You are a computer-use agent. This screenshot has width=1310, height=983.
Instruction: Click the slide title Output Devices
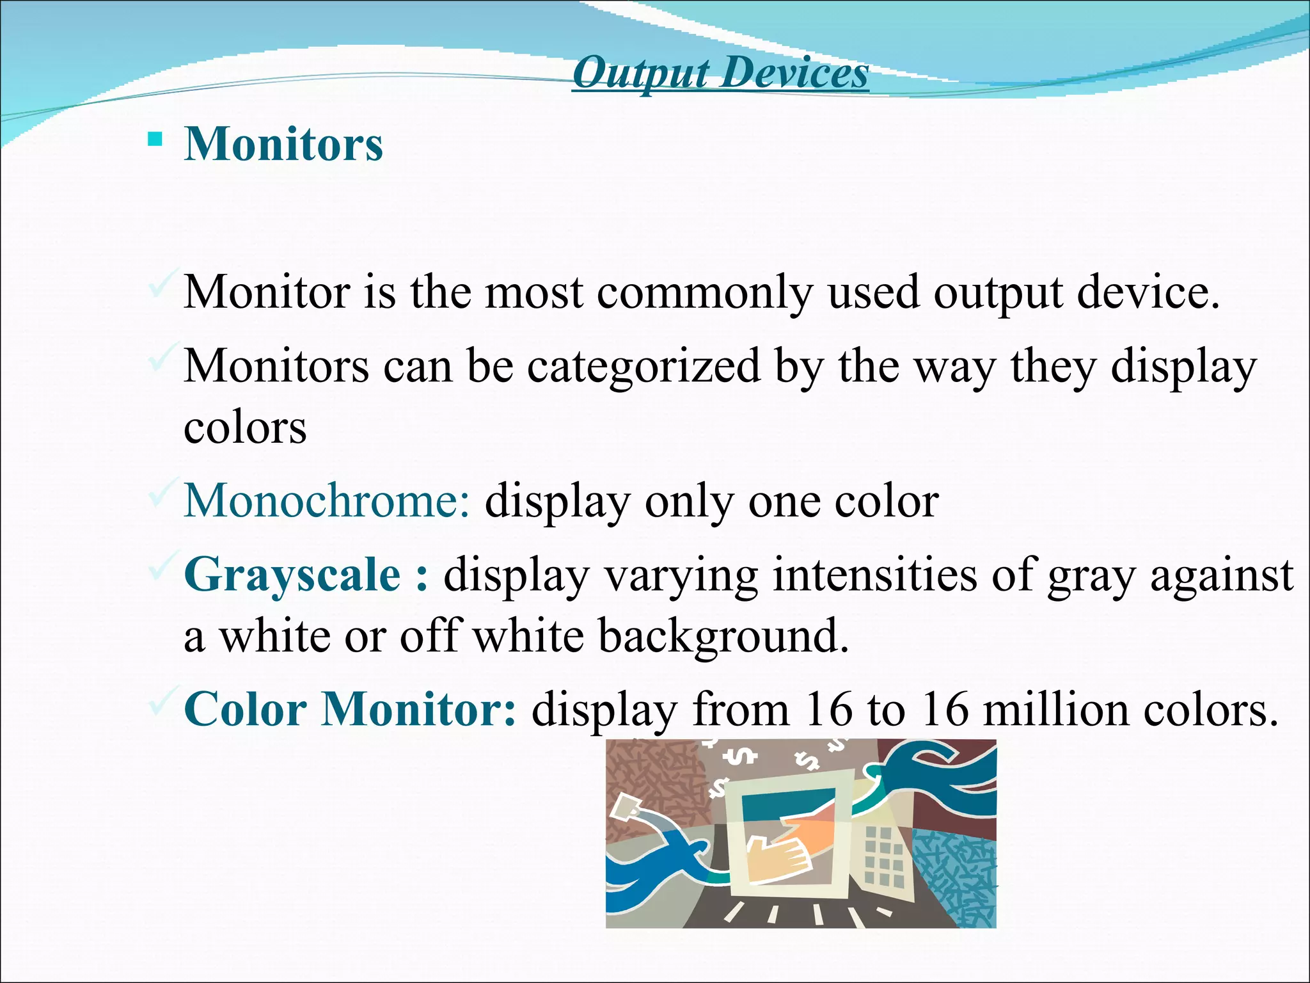pyautogui.click(x=720, y=73)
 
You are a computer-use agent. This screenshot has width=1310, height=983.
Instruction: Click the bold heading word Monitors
pyautogui.click(x=283, y=144)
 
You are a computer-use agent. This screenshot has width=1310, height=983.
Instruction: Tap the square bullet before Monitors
pyautogui.click(x=154, y=139)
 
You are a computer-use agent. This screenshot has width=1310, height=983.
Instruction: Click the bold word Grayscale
pyautogui.click(x=292, y=575)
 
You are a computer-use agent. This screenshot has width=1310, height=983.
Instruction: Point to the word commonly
pyautogui.click(x=704, y=293)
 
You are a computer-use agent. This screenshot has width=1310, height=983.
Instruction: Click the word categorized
pyautogui.click(x=643, y=367)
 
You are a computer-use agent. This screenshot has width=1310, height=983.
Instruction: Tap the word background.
pyautogui.click(x=722, y=637)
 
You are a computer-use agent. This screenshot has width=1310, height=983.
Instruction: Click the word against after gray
pyautogui.click(x=1222, y=575)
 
